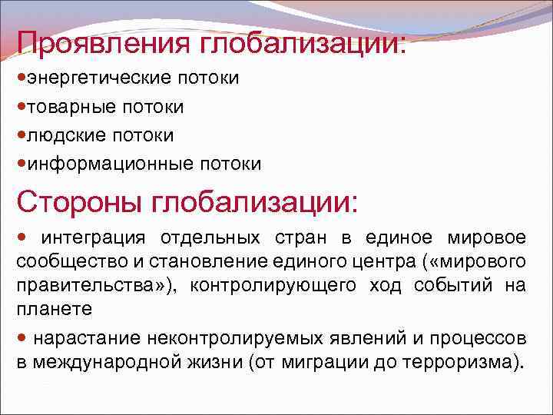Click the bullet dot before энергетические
(22, 78)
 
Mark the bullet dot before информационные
(22, 164)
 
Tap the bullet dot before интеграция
(23, 236)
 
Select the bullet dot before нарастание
(23, 337)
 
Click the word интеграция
(87, 237)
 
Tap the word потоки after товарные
(147, 106)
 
